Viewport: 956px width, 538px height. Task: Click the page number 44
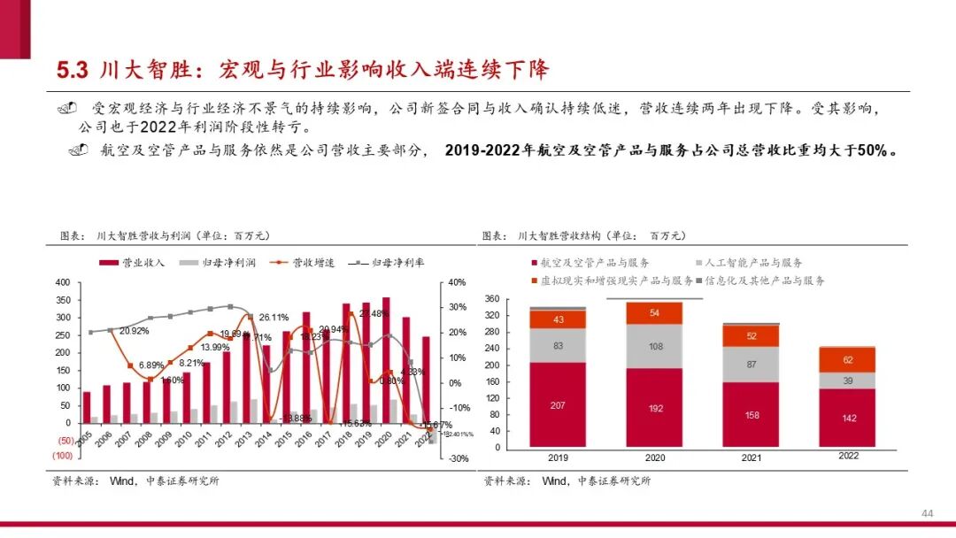coord(928,514)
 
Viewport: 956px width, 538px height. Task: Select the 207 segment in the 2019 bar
coord(558,404)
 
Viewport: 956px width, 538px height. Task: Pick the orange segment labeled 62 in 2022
coord(849,360)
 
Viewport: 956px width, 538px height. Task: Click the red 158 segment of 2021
coord(752,415)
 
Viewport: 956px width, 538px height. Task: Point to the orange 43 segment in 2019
coord(558,319)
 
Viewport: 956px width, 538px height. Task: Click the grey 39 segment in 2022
coord(849,380)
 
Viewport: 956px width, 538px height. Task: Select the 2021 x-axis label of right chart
coord(752,458)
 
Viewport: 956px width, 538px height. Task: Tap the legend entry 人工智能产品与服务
coord(752,263)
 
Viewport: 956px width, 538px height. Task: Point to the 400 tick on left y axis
coord(63,282)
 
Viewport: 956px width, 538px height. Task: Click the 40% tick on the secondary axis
coord(457,282)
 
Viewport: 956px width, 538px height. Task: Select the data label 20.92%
coord(134,331)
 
